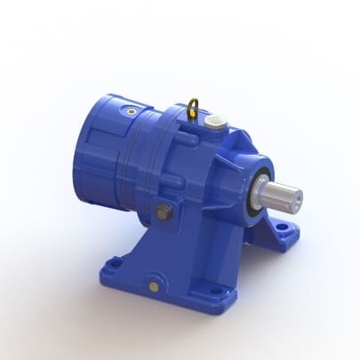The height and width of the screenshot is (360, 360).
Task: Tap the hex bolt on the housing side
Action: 164,212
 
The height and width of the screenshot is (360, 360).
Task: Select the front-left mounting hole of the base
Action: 114,264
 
